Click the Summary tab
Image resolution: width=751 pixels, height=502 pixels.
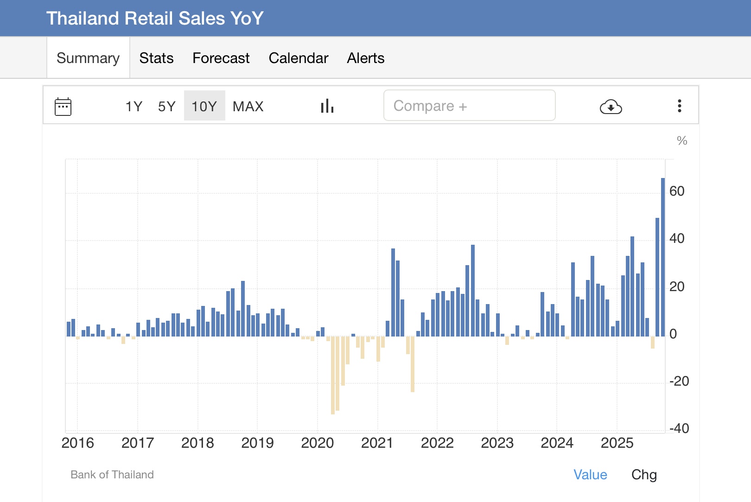[88, 58]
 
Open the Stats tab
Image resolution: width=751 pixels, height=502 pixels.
[156, 58]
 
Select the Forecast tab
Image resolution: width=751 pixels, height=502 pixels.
[221, 58]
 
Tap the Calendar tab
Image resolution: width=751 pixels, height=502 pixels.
[298, 58]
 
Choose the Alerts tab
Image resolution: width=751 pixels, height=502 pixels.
[365, 58]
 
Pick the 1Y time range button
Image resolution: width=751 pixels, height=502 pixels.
[134, 106]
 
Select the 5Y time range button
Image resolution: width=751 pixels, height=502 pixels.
[166, 106]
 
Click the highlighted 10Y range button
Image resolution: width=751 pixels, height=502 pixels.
[204, 106]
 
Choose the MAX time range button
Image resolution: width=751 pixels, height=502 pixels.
[248, 106]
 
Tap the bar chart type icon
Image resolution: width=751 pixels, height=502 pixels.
[327, 106]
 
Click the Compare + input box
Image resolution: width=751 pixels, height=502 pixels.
[469, 106]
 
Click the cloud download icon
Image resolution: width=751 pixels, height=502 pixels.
[611, 107]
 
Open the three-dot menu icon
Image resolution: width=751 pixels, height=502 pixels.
[679, 106]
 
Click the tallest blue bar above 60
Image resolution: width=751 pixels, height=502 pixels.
[663, 255]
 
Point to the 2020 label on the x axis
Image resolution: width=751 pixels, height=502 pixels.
[317, 443]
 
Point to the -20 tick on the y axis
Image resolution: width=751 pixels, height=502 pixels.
[679, 381]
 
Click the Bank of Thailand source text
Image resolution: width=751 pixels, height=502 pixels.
[112, 475]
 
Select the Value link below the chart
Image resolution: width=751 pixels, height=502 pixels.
[590, 475]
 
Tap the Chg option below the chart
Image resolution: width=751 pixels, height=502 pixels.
[644, 475]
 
